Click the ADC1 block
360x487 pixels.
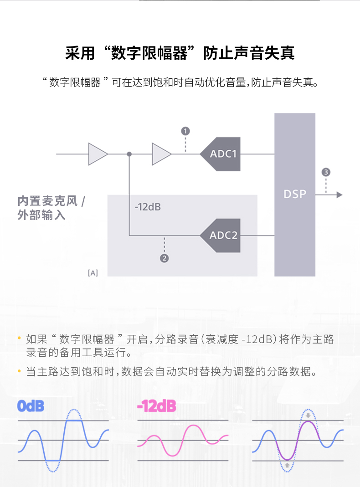pos(222,154)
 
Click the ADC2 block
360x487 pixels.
pos(222,236)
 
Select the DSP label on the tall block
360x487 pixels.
pos(295,194)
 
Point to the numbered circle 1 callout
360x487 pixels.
pos(185,131)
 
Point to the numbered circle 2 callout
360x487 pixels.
pos(165,258)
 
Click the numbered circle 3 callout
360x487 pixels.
pos(326,172)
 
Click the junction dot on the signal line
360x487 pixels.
pos(129,154)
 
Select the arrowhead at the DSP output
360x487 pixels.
pos(339,195)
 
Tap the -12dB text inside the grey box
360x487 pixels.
pos(148,207)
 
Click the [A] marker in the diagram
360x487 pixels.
pos(93,273)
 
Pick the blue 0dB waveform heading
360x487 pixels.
pos(31,406)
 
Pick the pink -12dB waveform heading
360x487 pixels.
pos(156,406)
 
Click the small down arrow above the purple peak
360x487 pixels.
pos(309,415)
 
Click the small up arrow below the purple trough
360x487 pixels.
pos(287,465)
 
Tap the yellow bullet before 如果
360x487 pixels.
pos(19,339)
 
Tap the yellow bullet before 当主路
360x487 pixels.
pos(19,372)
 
